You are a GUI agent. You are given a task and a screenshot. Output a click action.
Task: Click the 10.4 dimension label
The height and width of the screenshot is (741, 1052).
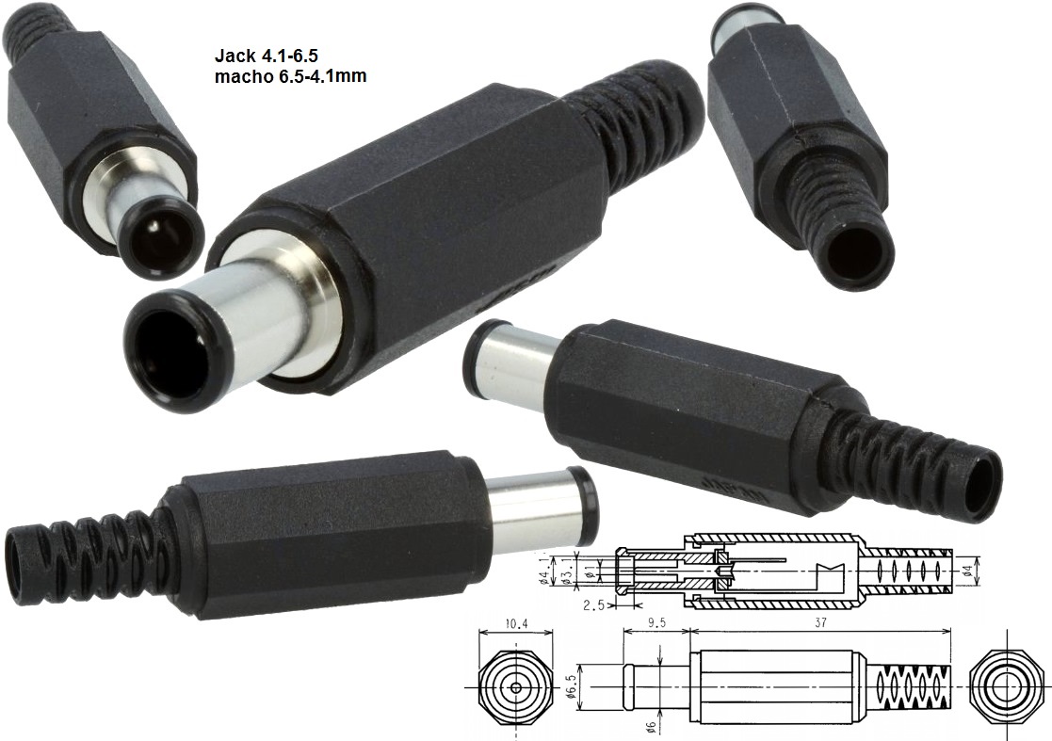pyautogui.click(x=516, y=623)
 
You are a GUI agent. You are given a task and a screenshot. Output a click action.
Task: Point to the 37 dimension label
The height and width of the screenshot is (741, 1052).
pyautogui.click(x=820, y=622)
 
